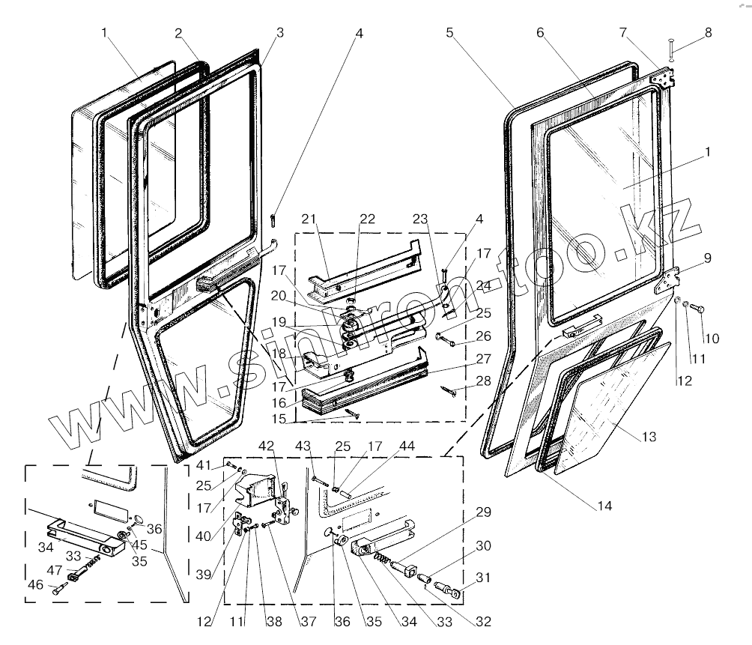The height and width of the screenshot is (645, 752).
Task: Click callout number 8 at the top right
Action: (708, 33)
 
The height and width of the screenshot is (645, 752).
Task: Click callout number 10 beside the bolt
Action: (711, 339)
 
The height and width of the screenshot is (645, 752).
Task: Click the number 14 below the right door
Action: (604, 506)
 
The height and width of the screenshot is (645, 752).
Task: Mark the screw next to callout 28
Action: (449, 389)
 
